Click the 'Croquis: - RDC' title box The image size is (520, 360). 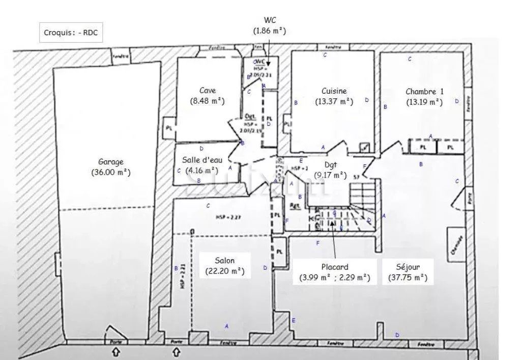coord(71,33)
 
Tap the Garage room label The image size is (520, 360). coord(110,162)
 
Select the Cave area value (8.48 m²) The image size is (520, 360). coord(207,101)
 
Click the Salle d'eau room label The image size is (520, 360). coord(202,160)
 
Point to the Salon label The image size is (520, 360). coord(224,261)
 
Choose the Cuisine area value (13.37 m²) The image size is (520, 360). coord(334,101)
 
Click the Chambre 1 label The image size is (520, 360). coord(424,92)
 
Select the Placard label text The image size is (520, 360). coord(334,267)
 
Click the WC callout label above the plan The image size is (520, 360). coord(270,20)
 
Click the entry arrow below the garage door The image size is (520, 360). coord(116,351)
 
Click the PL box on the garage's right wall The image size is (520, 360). coord(168,128)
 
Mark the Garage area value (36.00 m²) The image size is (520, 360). coord(110,173)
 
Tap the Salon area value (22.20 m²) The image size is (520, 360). coord(224,271)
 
